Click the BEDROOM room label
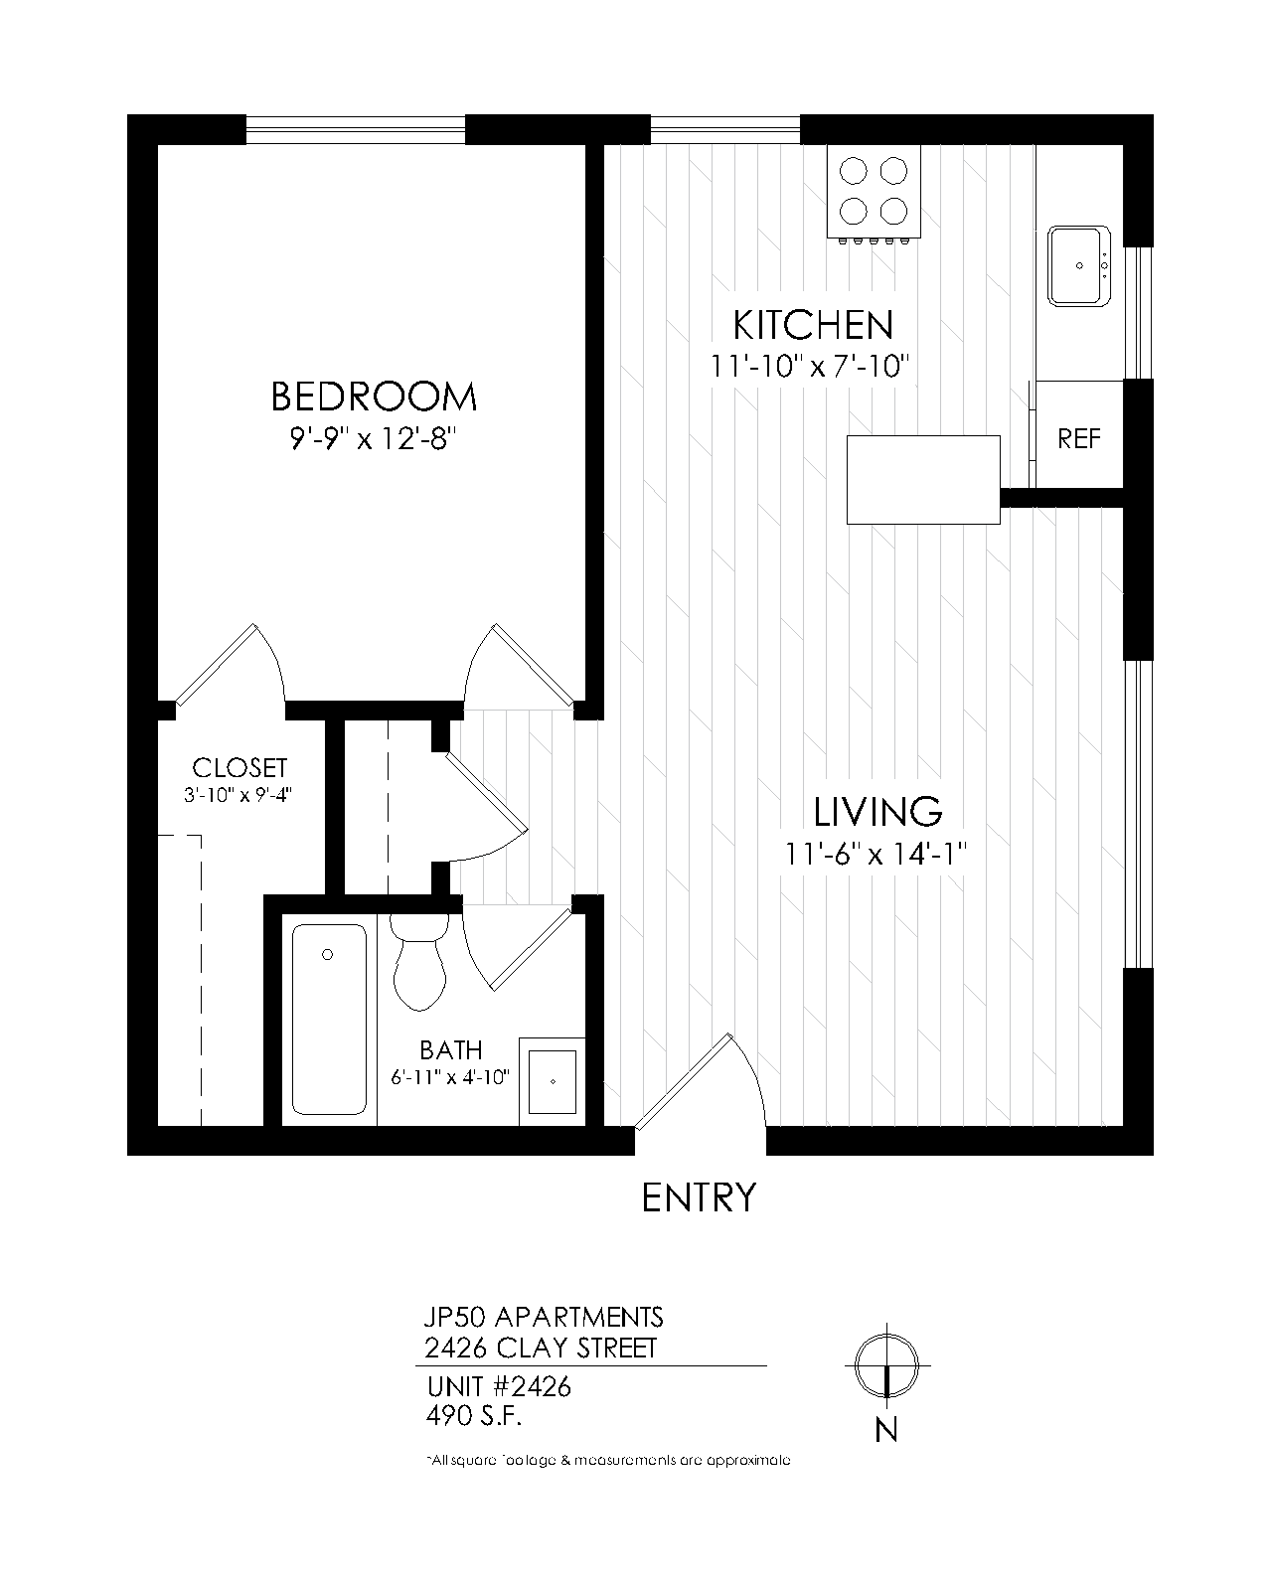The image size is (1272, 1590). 374,397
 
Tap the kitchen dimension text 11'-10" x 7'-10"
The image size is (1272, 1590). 811,367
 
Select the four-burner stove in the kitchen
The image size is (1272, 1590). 874,191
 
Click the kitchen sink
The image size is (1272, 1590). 1079,265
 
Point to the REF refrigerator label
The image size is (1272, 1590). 1079,438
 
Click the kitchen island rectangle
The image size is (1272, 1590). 922,479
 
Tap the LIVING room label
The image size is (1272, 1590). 877,812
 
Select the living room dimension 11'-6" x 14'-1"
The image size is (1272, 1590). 876,854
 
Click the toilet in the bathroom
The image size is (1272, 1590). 419,961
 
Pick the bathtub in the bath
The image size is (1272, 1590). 328,1019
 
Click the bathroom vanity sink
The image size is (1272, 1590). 553,1080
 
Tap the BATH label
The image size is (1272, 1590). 450,1050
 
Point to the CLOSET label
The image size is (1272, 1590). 239,768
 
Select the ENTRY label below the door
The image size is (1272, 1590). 699,1197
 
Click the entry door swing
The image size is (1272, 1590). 701,1083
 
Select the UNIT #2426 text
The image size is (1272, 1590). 499,1386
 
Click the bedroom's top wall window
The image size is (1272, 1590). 355,129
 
